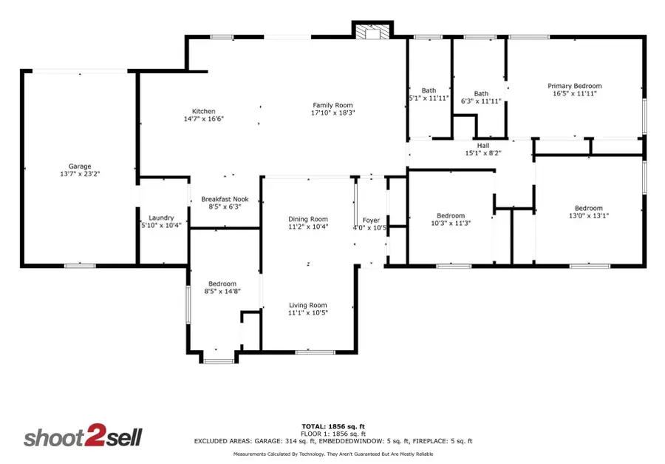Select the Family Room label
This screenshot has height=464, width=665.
click(332, 105)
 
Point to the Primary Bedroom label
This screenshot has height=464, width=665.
click(574, 86)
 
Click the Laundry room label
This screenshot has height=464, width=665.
click(161, 218)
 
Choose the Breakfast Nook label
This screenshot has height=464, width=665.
click(225, 199)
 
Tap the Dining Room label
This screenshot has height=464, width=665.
click(308, 219)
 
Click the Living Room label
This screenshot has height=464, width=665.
click(307, 305)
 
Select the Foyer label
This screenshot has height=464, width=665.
click(370, 221)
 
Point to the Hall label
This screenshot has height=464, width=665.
click(483, 146)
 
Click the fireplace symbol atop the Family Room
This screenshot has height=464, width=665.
click(371, 32)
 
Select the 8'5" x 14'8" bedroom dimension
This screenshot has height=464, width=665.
click(222, 292)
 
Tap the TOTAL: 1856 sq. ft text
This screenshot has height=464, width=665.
click(333, 426)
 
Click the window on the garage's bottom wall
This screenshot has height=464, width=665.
click(79, 265)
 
